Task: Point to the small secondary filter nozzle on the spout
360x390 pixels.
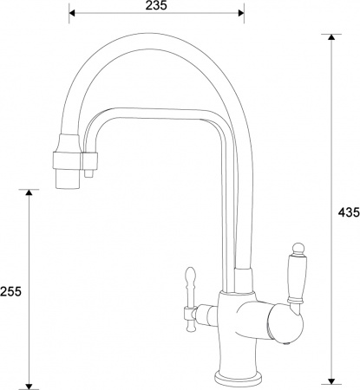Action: click(89, 176)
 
